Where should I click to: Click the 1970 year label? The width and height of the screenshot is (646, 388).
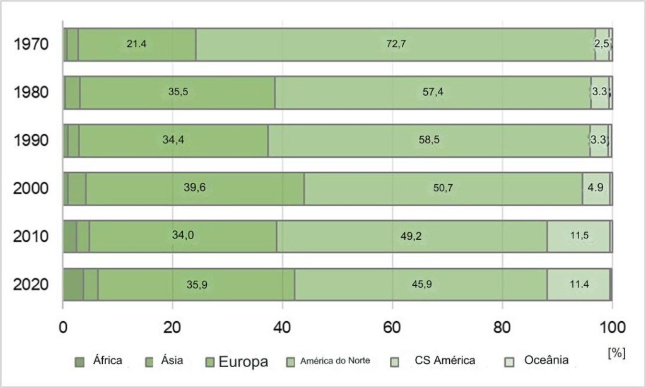click(32, 45)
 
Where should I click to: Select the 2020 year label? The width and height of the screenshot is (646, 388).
click(32, 285)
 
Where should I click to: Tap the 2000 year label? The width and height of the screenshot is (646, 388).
click(32, 189)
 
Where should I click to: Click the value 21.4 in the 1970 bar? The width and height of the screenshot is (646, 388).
click(136, 45)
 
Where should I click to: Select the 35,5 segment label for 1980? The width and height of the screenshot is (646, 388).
click(178, 92)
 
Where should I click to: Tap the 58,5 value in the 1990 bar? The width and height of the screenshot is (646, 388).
click(429, 140)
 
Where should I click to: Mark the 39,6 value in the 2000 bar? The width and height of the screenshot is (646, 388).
click(195, 188)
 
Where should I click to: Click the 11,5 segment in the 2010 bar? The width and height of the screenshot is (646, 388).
click(579, 236)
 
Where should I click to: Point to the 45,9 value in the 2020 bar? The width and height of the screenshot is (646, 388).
click(421, 284)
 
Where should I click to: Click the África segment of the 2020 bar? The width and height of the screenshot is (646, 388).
click(73, 284)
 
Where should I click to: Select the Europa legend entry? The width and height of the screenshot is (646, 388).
click(243, 362)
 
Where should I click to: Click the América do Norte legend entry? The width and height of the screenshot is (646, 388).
click(334, 362)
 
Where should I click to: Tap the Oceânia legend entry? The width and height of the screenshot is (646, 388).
click(546, 361)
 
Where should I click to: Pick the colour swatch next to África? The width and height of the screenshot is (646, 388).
click(79, 362)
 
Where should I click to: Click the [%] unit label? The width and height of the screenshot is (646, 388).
click(616, 353)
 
